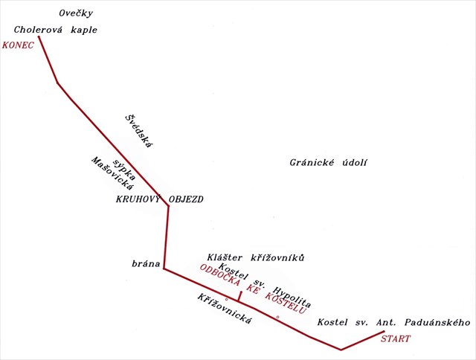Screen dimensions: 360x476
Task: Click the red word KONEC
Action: [x=19, y=45]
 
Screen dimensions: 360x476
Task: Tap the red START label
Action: [x=395, y=339]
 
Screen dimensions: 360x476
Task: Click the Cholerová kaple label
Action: [x=56, y=30]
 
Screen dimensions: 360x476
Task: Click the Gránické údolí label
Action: [x=329, y=164]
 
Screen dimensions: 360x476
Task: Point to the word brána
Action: [x=145, y=263]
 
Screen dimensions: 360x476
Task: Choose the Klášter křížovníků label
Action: [x=256, y=257]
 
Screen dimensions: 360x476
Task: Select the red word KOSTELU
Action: [x=286, y=301]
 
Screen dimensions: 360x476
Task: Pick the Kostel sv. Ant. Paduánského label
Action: [x=394, y=322]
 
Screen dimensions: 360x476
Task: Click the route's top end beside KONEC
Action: [x=39, y=36]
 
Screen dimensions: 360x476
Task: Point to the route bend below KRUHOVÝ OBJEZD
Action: [x=168, y=207]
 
